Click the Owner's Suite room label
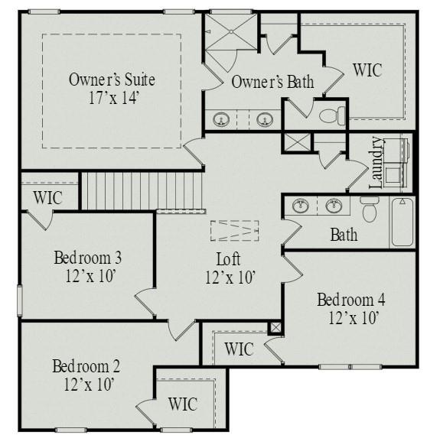click(x=112, y=80)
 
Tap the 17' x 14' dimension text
click(x=113, y=98)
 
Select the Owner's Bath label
click(x=272, y=83)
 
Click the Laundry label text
click(x=376, y=162)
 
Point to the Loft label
click(x=230, y=258)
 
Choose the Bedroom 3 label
click(x=88, y=257)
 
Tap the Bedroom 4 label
click(x=351, y=299)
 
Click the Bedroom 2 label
click(x=86, y=365)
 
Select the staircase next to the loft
click(x=119, y=190)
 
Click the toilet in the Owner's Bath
click(x=332, y=115)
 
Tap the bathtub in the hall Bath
click(x=403, y=222)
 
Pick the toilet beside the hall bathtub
click(x=370, y=209)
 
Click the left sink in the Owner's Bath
click(x=223, y=119)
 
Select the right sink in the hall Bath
click(x=334, y=205)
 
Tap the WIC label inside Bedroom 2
click(x=181, y=404)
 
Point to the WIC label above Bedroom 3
click(x=47, y=197)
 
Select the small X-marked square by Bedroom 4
click(x=276, y=327)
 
